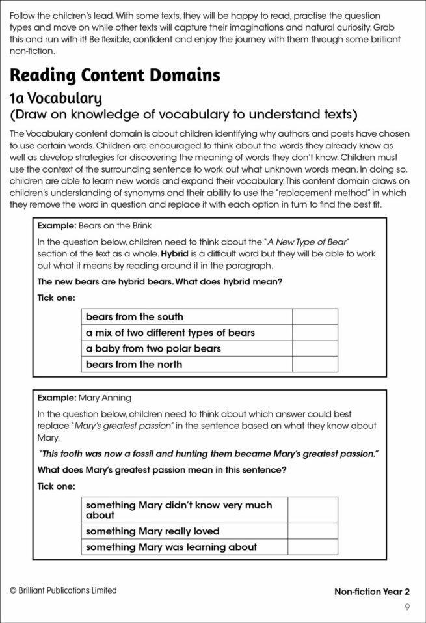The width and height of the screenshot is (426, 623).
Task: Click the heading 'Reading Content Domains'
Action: tap(115, 76)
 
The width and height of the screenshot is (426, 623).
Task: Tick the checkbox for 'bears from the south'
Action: tap(315, 317)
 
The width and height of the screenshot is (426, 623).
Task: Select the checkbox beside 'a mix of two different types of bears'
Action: tap(315, 333)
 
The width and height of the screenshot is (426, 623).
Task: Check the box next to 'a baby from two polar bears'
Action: tap(315, 348)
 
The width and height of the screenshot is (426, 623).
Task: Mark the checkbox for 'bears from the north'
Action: tap(315, 364)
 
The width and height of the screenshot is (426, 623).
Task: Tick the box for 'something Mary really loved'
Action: tap(313, 531)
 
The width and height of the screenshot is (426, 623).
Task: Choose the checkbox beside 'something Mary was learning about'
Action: tap(313, 547)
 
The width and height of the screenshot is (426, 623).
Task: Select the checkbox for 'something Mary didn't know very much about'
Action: tap(313, 510)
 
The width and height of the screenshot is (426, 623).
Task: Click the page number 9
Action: tap(406, 607)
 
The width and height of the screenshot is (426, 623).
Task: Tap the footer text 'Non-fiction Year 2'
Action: tap(372, 592)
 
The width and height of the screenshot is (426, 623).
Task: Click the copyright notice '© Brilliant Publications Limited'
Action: tap(63, 590)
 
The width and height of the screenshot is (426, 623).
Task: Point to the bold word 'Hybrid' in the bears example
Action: tap(177, 253)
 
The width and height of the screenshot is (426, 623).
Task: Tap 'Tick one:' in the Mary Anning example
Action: tap(56, 486)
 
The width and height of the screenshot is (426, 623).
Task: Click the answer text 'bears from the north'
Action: tap(134, 364)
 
